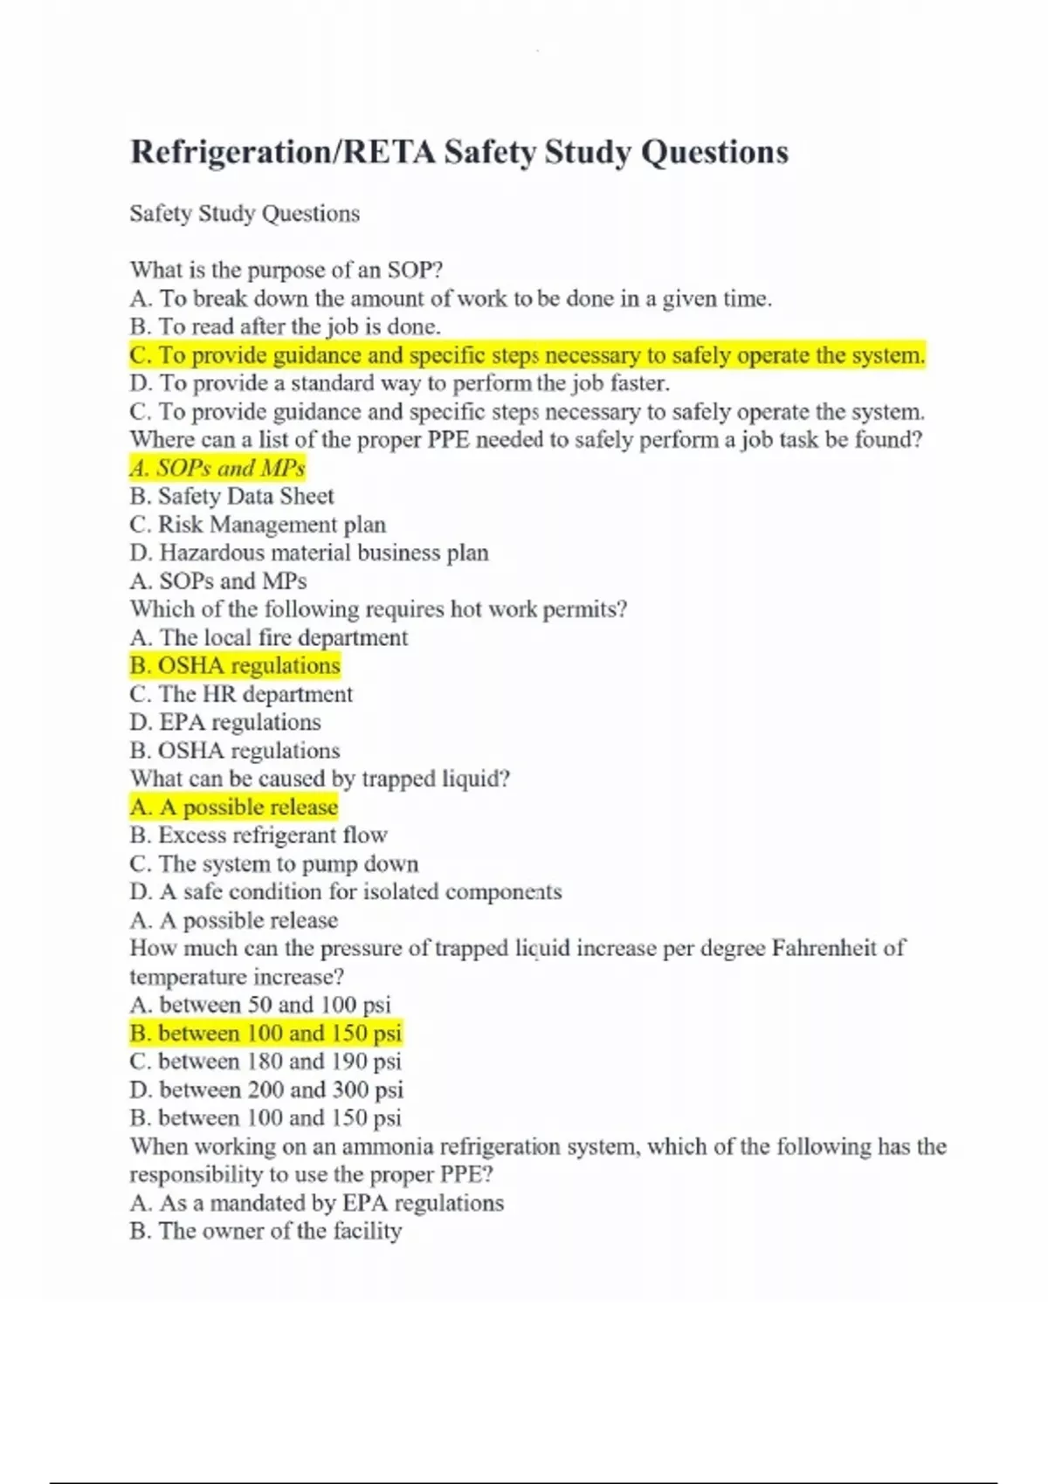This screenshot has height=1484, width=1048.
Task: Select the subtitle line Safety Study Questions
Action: click(245, 214)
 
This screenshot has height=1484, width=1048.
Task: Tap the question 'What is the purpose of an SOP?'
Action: click(286, 270)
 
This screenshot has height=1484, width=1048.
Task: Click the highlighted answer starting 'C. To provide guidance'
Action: click(527, 355)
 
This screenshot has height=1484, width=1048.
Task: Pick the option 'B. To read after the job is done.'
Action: click(285, 326)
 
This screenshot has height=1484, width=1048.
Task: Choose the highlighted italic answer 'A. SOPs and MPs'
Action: click(217, 468)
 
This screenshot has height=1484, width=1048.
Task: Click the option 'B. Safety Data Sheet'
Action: click(231, 496)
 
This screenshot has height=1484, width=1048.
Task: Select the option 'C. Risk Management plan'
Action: click(258, 525)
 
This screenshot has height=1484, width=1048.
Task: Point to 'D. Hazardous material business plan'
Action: click(309, 553)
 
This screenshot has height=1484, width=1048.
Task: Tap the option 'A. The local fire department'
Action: click(268, 637)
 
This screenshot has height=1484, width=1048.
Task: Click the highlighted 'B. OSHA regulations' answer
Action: click(235, 665)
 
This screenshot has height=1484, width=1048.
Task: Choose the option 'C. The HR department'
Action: click(241, 694)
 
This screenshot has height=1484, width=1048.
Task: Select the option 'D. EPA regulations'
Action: click(225, 722)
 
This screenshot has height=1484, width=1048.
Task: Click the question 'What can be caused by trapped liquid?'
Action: click(320, 779)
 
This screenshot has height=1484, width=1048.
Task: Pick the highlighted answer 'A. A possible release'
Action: click(233, 807)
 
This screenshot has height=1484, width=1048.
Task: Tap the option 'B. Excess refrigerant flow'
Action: click(259, 835)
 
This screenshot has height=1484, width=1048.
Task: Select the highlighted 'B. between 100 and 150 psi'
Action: click(265, 1034)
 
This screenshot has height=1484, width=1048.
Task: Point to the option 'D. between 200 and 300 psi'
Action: click(266, 1089)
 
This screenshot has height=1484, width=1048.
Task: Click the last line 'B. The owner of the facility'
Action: click(265, 1231)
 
